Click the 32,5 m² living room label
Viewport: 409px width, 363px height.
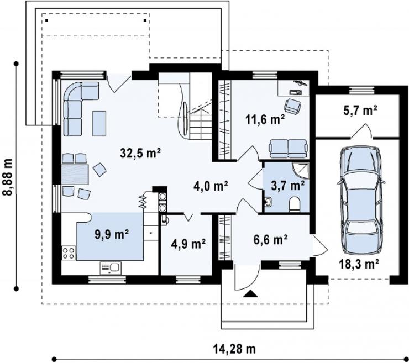(x=140, y=153)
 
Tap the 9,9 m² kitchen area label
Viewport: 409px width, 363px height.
(x=112, y=234)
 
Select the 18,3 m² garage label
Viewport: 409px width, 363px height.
(x=359, y=264)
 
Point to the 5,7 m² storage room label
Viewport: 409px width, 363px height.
(x=360, y=111)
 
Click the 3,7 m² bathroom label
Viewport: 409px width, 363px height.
(x=287, y=186)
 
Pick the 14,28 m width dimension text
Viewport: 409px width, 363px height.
(x=234, y=349)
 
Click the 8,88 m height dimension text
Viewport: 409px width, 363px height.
(x=8, y=176)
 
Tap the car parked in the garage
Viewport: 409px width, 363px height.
(x=361, y=200)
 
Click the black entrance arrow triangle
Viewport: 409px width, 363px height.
(x=250, y=293)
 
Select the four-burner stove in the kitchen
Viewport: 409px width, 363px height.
(x=69, y=253)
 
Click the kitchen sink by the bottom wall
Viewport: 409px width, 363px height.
(x=111, y=268)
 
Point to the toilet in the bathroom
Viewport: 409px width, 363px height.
(x=295, y=204)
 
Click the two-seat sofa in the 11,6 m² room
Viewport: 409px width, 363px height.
(x=288, y=149)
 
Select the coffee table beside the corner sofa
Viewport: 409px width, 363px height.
(x=99, y=123)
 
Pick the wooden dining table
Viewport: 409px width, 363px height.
(x=75, y=174)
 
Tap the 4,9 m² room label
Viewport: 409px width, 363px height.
(x=188, y=244)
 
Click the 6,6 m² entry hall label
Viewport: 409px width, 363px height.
(x=270, y=239)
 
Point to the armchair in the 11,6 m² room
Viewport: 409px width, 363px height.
(x=292, y=106)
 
